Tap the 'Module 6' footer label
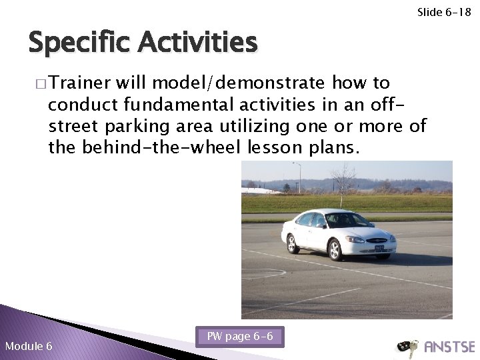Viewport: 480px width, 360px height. (28, 346)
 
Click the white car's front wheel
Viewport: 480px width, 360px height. (335, 249)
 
